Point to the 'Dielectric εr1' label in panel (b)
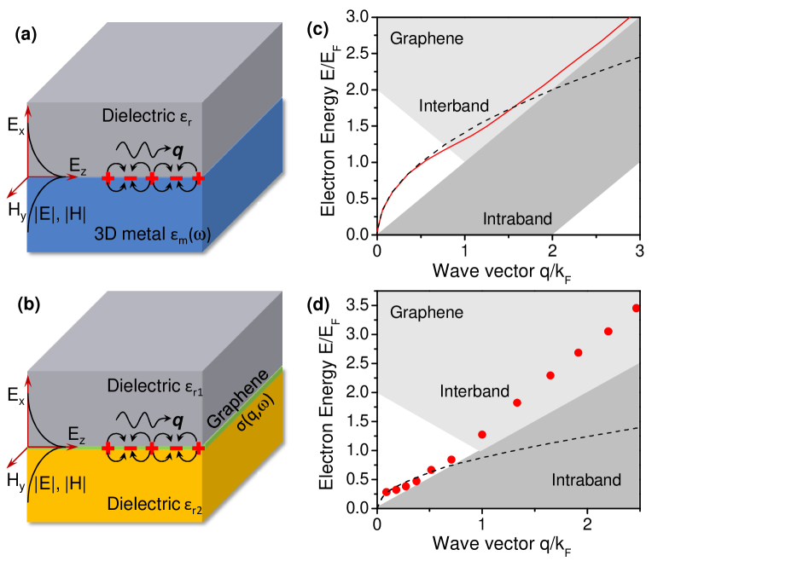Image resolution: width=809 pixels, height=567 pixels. (x=155, y=385)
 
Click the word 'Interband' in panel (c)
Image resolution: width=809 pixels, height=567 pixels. (x=454, y=106)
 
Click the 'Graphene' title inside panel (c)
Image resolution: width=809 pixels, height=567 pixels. (x=427, y=38)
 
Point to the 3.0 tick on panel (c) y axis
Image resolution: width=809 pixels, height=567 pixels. (x=360, y=16)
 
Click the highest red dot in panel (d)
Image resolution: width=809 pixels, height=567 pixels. (x=637, y=308)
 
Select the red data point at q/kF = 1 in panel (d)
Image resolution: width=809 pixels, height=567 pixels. (x=482, y=435)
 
